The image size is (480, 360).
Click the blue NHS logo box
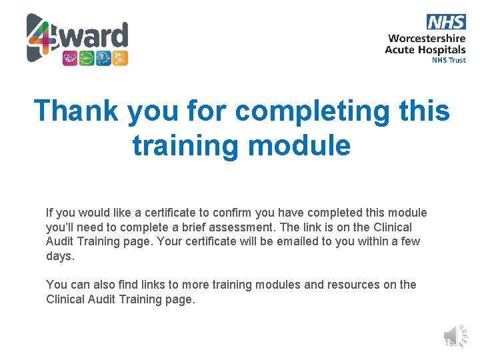[446, 22]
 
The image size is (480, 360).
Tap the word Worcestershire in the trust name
[427, 39]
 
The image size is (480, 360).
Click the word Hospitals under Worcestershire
[442, 50]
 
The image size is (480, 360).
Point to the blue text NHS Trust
[449, 60]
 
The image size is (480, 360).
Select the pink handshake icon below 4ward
[70, 58]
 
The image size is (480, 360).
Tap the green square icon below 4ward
[87, 58]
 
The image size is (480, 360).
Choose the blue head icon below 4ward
[103, 58]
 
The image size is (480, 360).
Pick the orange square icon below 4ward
[120, 58]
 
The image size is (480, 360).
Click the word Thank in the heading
[75, 111]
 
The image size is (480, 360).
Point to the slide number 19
[449, 343]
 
